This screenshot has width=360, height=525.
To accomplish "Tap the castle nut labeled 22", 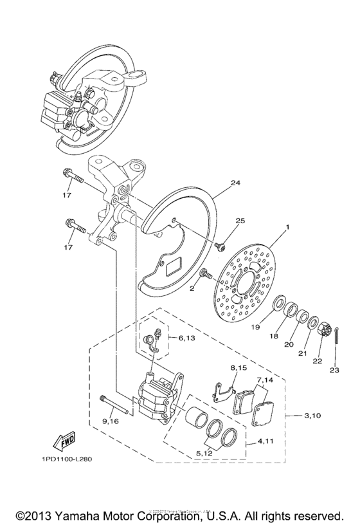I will click(x=323, y=331).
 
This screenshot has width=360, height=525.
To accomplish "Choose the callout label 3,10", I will click(x=313, y=416).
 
